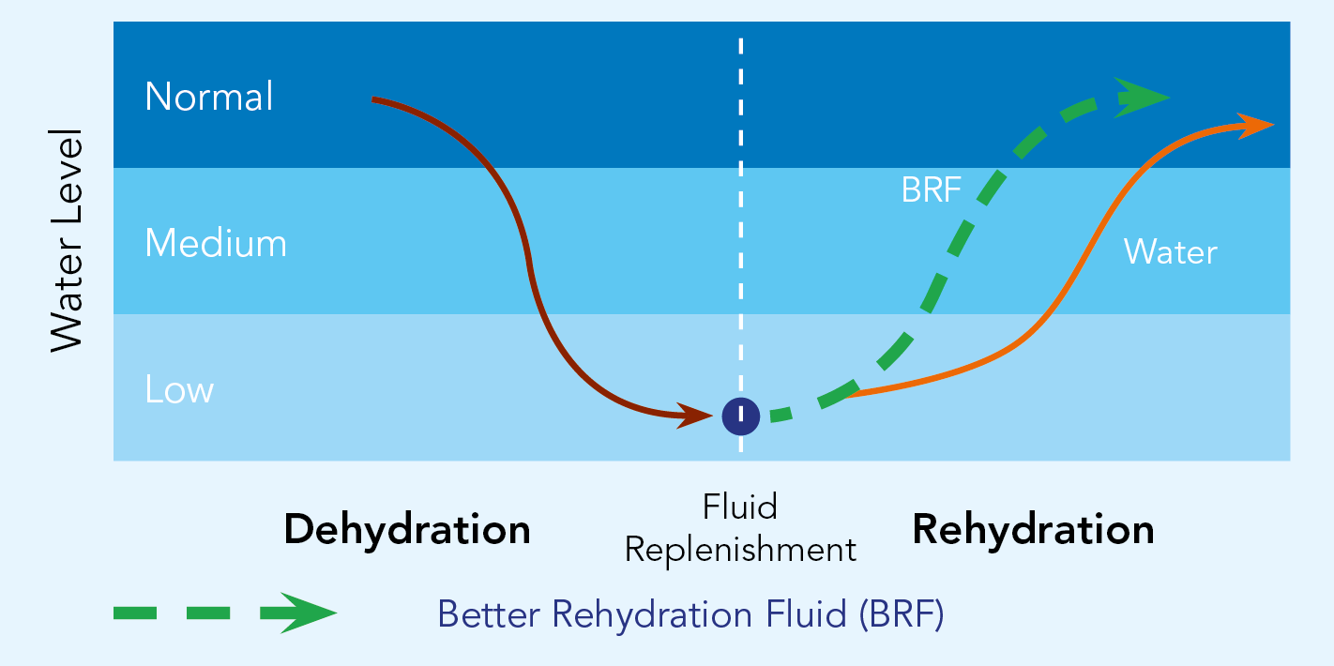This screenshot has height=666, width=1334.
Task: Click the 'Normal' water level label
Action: click(209, 97)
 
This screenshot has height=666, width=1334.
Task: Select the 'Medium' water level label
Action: click(216, 243)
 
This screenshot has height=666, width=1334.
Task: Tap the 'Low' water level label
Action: click(179, 389)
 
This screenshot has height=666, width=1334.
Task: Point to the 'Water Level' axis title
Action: click(67, 241)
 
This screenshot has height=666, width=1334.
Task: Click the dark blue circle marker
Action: click(741, 416)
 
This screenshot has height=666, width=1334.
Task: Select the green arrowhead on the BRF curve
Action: click(1140, 98)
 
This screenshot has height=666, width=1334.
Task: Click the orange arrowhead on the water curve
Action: click(1255, 126)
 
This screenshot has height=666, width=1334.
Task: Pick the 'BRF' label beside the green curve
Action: click(931, 190)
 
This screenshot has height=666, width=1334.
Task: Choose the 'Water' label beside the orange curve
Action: click(1170, 252)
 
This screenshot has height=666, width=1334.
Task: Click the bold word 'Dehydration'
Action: click(407, 530)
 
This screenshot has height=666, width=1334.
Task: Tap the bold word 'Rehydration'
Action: click(1033, 530)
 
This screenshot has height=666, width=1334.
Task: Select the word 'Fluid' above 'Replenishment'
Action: click(740, 507)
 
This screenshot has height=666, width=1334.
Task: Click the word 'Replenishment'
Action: click(740, 550)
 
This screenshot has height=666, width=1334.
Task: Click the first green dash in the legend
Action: click(135, 613)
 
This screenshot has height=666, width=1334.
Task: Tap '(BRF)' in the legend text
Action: click(902, 614)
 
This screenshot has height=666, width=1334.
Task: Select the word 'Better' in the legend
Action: click(489, 614)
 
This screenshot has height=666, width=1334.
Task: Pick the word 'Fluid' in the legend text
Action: click(807, 614)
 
